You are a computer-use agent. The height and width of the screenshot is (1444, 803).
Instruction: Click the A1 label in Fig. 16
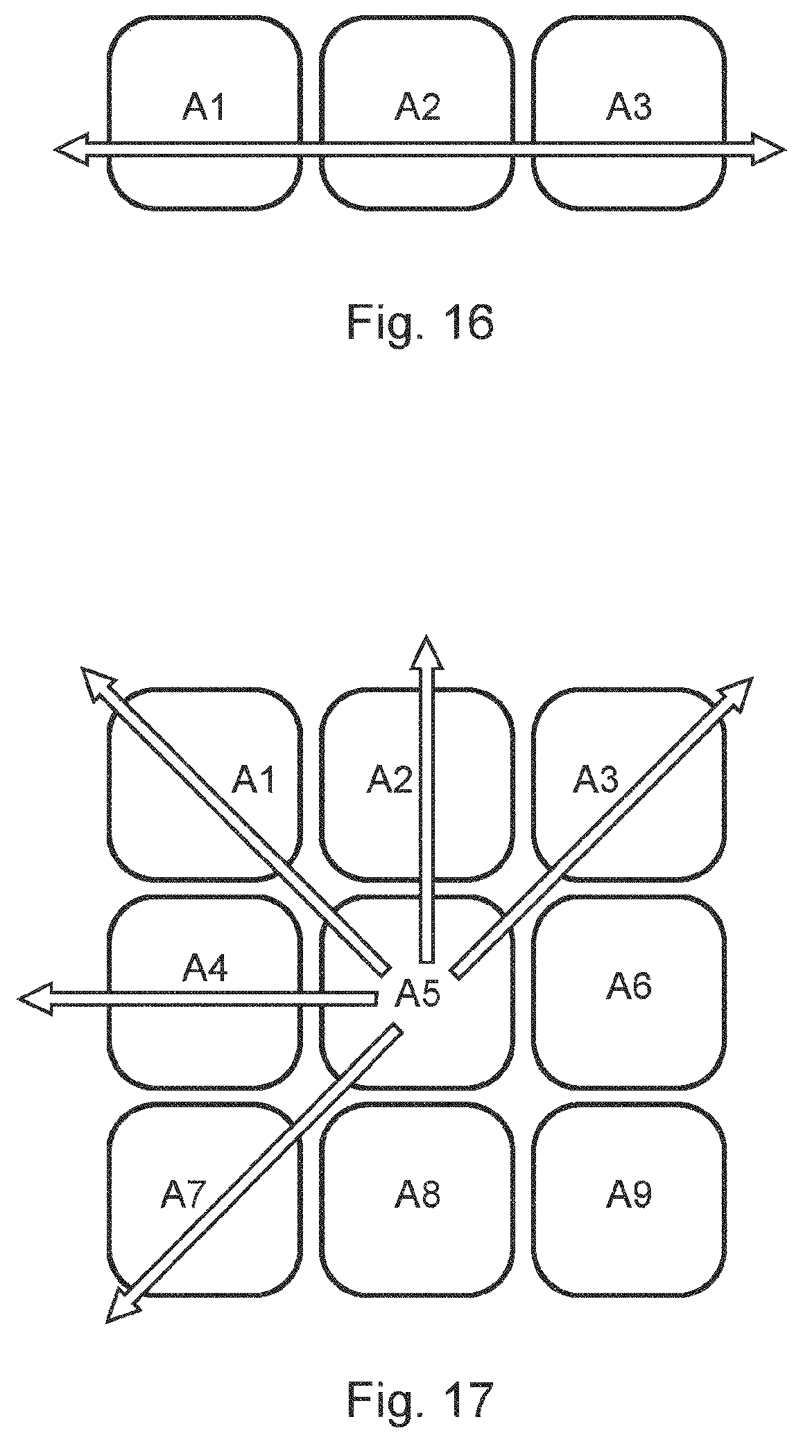(204, 107)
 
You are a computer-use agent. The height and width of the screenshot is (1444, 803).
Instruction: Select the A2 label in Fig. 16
(417, 107)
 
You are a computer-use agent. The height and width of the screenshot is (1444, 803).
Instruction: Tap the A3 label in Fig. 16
(630, 107)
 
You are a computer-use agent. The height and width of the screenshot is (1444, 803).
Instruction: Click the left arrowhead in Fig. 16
(71, 148)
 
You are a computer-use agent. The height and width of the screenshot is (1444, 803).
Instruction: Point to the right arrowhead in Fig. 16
(768, 148)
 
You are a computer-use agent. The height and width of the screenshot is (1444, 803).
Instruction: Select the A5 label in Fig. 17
(417, 995)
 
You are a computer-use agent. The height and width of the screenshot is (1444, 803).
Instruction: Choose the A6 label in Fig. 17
(630, 985)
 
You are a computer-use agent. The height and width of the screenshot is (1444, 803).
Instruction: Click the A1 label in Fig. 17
(253, 780)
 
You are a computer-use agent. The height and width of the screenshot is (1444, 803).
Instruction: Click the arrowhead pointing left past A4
(35, 998)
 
